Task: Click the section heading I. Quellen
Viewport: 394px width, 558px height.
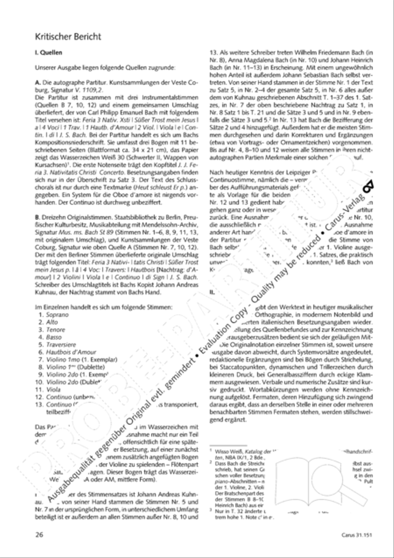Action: coord(49,53)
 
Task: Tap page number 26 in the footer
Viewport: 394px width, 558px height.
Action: coord(39,535)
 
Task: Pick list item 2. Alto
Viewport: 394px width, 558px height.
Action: coord(49,322)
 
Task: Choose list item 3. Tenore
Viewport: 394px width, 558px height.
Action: coord(52,330)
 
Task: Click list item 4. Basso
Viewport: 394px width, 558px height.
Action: coord(50,337)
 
